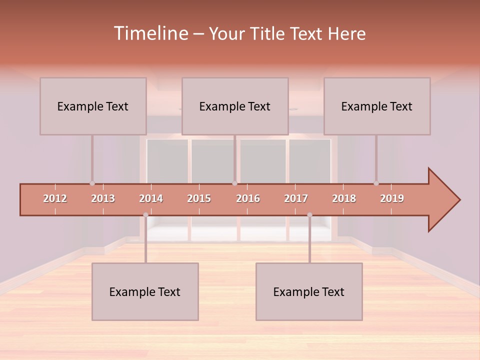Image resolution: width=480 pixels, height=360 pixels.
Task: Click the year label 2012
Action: (55, 198)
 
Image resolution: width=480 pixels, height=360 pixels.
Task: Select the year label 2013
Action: (103, 198)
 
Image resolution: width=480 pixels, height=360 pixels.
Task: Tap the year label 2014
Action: (151, 198)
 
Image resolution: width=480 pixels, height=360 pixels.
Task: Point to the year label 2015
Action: (199, 198)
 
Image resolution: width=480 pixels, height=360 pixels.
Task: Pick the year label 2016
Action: (248, 198)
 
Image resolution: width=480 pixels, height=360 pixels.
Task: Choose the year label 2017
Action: (296, 198)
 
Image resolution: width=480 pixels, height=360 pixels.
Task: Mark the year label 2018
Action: (344, 198)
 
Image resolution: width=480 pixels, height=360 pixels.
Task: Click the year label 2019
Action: (392, 198)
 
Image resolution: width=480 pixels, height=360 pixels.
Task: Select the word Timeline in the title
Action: (150, 33)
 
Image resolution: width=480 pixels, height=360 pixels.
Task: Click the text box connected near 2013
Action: (93, 106)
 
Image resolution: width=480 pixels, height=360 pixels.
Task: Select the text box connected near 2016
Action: (235, 106)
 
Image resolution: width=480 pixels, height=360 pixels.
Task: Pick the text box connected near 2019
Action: (377, 106)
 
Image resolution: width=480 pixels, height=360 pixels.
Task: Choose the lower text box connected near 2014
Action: (145, 291)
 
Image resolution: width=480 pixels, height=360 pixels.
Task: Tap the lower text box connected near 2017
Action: (309, 291)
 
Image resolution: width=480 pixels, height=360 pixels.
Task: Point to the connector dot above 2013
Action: (92, 183)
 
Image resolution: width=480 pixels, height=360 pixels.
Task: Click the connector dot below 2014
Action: (145, 215)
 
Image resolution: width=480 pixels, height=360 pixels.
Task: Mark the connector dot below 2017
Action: (309, 215)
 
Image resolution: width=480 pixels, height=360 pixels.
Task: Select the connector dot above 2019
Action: (376, 183)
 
